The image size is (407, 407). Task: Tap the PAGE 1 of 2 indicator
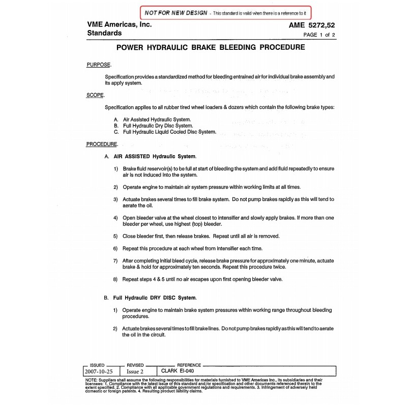tap(319, 35)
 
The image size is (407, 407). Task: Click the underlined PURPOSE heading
tap(99, 65)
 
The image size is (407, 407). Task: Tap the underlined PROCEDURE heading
tap(102, 144)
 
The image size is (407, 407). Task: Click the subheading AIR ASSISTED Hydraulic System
tap(154, 156)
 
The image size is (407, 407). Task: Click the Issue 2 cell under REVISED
tap(135, 372)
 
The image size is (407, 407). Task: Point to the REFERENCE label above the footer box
tap(189, 365)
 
